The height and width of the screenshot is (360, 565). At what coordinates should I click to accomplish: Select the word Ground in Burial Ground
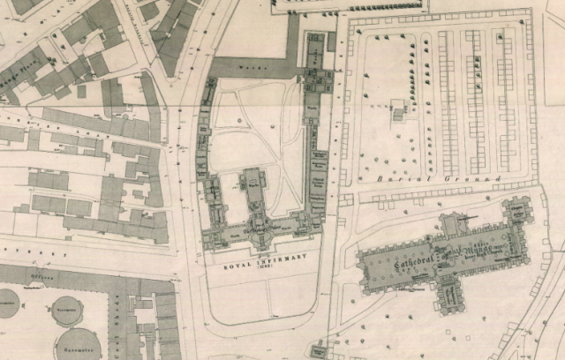(x=478, y=177)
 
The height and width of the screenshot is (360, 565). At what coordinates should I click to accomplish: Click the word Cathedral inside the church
(x=405, y=251)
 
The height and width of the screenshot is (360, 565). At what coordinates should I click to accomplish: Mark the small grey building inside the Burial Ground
(x=398, y=111)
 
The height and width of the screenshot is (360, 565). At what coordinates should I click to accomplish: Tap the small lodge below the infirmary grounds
(x=319, y=351)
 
